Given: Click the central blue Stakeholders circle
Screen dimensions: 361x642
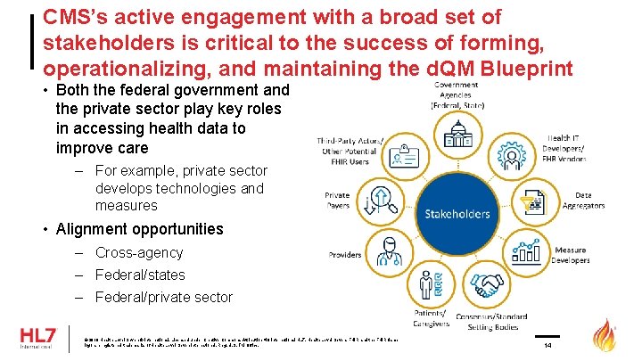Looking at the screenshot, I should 457,214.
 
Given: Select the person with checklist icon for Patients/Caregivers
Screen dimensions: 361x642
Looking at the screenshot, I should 430,285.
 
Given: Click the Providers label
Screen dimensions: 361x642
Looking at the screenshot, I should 345,255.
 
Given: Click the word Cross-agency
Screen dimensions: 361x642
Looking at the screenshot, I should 138,253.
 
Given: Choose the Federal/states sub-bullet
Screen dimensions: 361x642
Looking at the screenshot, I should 140,275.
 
